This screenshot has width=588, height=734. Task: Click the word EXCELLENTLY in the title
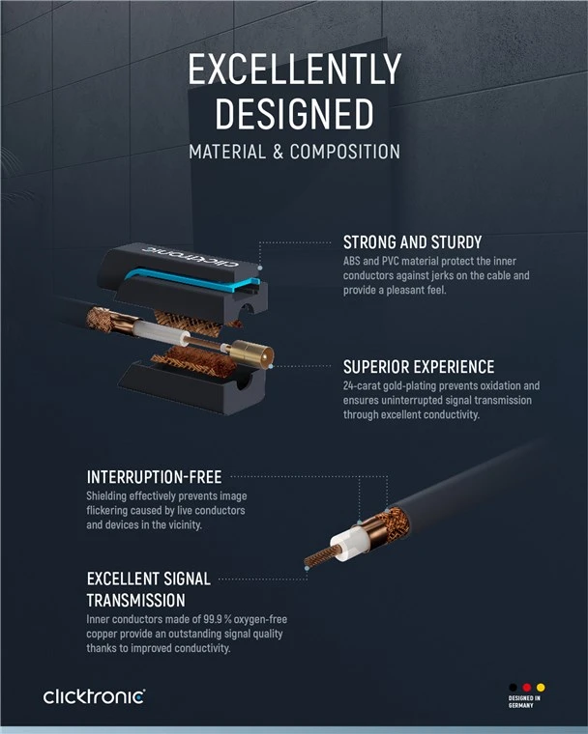point(294,69)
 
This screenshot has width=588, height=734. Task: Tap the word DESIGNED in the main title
point(294,113)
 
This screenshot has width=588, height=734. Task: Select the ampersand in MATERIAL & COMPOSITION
point(279,152)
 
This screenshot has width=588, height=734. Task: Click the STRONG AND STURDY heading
point(413,242)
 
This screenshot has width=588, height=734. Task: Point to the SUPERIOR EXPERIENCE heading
point(419,367)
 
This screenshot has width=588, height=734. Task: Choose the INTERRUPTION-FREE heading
point(155,477)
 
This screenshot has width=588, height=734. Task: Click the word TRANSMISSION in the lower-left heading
point(136,600)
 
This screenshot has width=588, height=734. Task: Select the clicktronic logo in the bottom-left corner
point(94,696)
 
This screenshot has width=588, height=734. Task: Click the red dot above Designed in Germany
point(526,688)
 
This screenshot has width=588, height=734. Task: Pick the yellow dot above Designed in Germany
point(541,688)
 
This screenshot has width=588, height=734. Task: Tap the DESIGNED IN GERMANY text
point(524,701)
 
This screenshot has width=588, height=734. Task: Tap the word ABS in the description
point(352,261)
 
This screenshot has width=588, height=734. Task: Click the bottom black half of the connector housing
point(192,386)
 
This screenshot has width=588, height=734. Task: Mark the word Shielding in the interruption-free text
point(106,496)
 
